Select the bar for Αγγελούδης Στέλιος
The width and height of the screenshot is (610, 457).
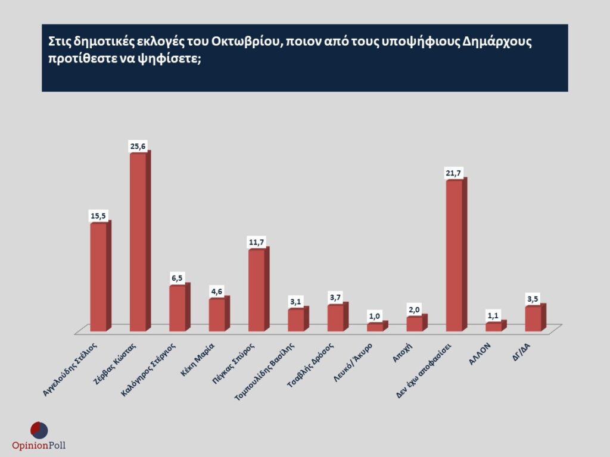point(98,277)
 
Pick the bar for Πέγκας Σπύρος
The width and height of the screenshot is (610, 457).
point(256,290)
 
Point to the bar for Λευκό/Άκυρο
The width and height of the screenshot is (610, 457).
point(375,327)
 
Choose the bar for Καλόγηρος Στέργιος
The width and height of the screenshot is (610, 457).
point(178,308)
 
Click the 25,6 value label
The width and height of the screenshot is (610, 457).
point(138,146)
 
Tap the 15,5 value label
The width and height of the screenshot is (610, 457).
point(98,215)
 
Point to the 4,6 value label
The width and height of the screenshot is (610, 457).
point(217,291)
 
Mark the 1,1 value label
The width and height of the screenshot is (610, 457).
point(494,315)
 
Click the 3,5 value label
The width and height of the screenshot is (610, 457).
point(533,298)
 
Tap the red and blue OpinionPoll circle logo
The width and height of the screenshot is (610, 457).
point(39,430)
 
